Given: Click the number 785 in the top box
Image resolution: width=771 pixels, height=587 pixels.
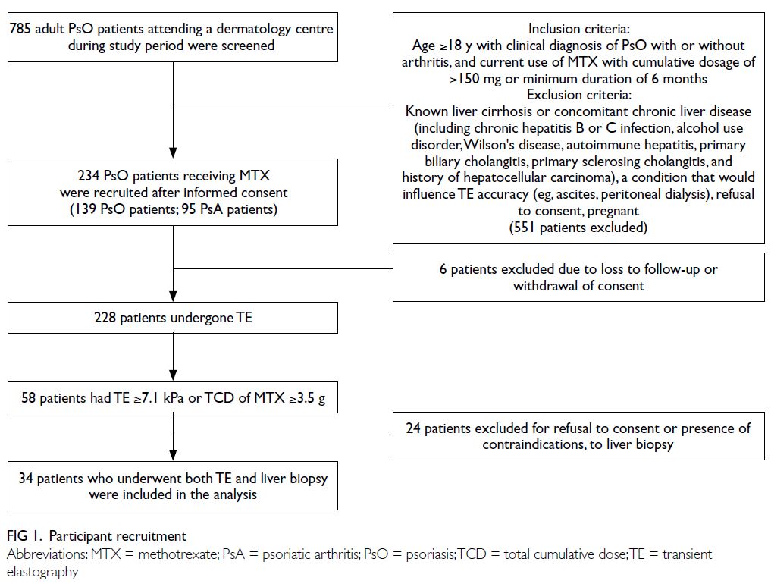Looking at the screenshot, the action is [20, 29].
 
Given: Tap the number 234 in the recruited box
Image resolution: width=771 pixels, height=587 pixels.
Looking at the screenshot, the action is [89, 176].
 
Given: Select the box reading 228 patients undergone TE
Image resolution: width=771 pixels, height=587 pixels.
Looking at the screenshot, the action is [173, 318].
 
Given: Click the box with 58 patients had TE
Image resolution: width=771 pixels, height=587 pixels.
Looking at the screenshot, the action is [173, 397].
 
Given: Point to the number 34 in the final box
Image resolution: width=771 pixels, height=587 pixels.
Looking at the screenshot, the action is [26, 479].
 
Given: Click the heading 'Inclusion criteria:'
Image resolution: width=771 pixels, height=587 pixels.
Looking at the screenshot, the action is [578, 29].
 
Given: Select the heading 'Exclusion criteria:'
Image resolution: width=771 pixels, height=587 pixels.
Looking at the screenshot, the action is [578, 95].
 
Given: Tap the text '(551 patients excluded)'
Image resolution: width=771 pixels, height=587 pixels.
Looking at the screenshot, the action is [578, 228].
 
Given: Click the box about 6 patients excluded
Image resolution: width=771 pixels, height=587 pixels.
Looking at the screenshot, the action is [578, 277].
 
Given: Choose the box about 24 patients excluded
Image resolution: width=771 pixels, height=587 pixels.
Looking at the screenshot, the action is [578, 436].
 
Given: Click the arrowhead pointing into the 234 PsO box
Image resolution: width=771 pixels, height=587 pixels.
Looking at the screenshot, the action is [173, 152].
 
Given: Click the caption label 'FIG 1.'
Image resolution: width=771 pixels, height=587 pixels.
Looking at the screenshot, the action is [24, 536].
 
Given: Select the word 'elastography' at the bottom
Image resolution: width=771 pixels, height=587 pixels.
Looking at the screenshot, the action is [42, 573].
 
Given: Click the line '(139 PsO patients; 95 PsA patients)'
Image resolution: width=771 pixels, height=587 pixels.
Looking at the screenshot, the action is [173, 209].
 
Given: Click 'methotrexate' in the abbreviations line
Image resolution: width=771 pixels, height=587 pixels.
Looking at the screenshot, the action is [178, 554].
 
